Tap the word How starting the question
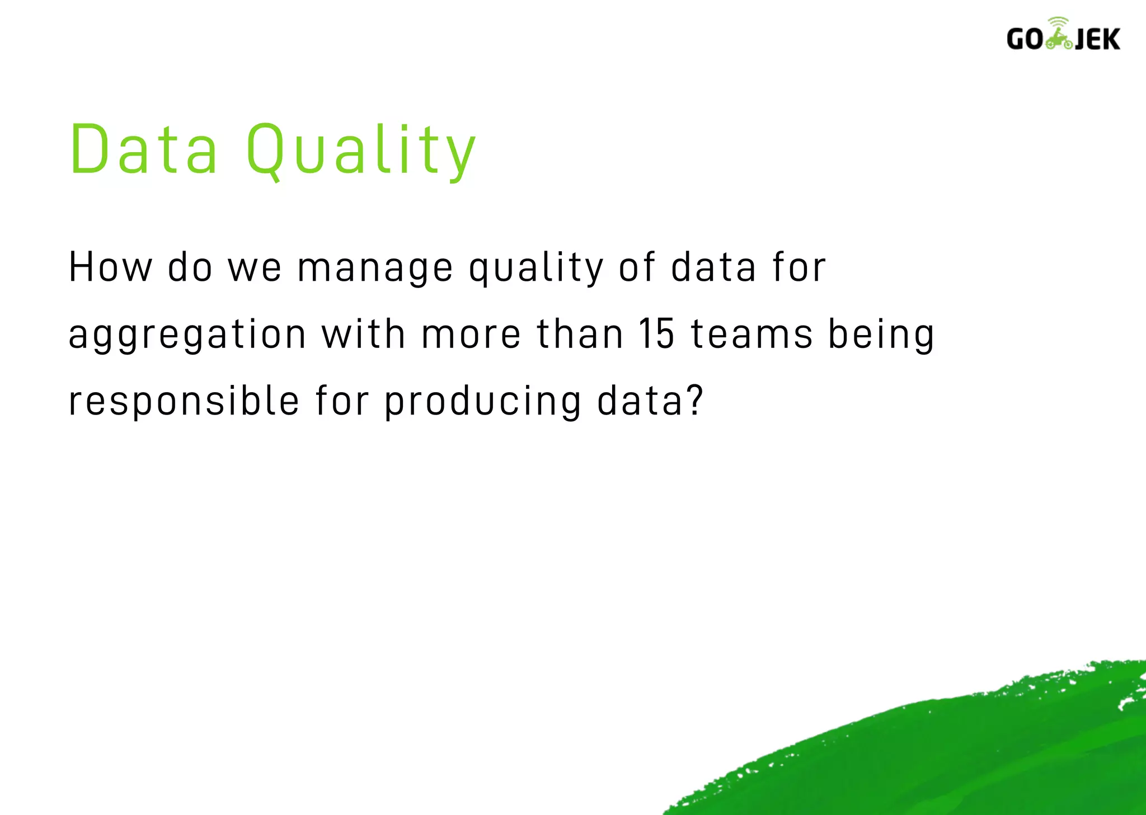coord(110,267)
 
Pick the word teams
coord(752,334)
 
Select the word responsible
coord(184,402)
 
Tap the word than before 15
coord(580,334)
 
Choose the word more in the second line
coord(471,335)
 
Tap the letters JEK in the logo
coord(1097,39)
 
